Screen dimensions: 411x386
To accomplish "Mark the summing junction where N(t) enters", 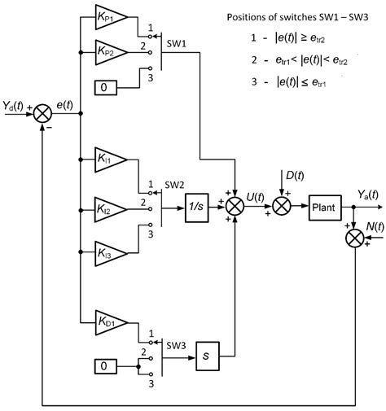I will coord(355,238).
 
